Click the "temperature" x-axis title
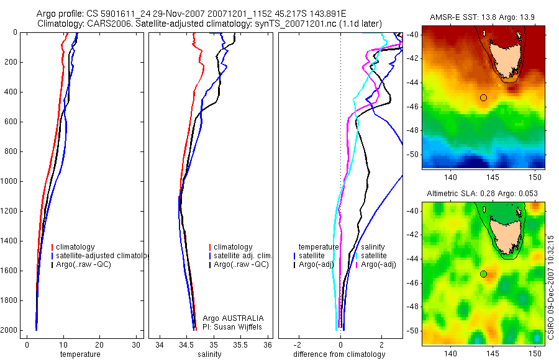tap(80, 354)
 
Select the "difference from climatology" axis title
tap(339, 354)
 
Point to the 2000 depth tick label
tap(9, 330)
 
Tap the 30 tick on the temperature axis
tap(136, 344)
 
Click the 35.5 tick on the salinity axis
tap(240, 344)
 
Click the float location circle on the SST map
tap(483, 97)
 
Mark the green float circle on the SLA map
tap(483, 274)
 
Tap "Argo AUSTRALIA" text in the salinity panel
tap(229, 318)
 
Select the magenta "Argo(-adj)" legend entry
tap(378, 264)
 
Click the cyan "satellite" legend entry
tap(373, 256)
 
